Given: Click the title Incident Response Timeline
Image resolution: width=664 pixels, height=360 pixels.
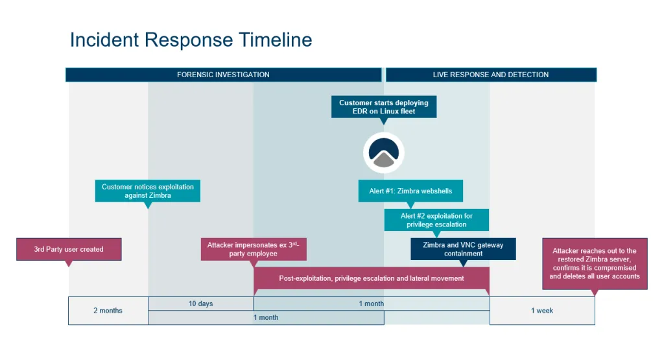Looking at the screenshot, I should click(191, 40).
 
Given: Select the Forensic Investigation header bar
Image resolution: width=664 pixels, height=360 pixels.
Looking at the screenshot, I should click(223, 75).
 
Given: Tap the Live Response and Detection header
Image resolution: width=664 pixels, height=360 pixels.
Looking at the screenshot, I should click(491, 75).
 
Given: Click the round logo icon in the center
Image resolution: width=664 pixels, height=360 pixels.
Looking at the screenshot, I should click(384, 153).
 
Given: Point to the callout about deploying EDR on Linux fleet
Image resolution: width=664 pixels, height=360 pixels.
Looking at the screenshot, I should click(384, 107).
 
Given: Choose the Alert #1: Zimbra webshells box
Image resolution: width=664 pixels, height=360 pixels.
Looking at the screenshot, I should click(411, 191).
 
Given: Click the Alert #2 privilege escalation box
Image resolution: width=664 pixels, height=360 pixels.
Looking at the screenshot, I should click(436, 220).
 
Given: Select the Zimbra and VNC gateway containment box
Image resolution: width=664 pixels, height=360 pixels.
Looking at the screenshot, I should click(463, 249).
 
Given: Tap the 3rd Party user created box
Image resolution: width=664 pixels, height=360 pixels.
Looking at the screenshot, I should click(69, 249).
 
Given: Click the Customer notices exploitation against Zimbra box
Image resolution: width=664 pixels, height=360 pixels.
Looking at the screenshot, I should click(148, 191).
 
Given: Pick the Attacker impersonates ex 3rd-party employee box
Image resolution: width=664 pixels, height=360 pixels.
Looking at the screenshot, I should click(253, 249).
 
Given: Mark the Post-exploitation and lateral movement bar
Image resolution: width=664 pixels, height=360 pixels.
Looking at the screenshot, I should click(371, 278).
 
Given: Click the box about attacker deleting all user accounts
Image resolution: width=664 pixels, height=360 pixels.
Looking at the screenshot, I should click(595, 263).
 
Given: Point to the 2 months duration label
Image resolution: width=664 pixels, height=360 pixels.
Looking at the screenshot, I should click(108, 311).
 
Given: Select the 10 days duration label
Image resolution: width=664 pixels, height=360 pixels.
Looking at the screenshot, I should click(200, 304).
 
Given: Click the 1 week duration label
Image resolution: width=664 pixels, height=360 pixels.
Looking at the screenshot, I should click(541, 311).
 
